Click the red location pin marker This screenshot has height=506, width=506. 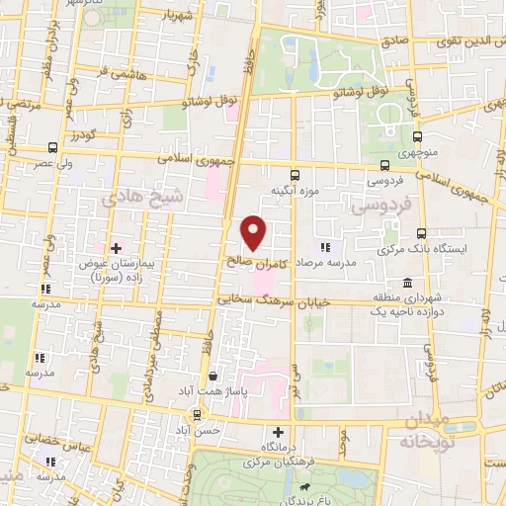point(254,232)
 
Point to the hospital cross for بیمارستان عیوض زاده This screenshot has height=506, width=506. point(117,247)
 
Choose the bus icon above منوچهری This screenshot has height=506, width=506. point(417,136)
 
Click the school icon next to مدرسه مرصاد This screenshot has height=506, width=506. point(324,248)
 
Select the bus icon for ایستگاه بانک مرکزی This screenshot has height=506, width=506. point(422,234)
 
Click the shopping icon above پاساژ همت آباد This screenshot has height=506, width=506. point(213,377)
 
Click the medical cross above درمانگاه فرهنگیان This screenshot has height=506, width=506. point(278,432)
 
